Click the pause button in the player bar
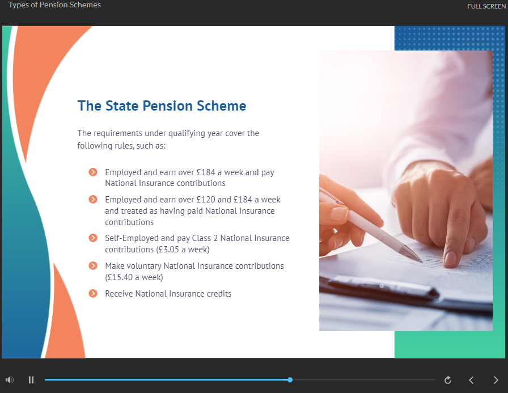31,380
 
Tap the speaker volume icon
10,380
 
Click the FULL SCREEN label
486,6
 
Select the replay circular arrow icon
448,380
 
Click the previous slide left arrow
471,380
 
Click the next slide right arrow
496,380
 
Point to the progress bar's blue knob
290,380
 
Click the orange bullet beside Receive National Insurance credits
93,294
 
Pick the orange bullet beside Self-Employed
93,238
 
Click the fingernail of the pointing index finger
450,259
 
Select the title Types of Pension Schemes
55,5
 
